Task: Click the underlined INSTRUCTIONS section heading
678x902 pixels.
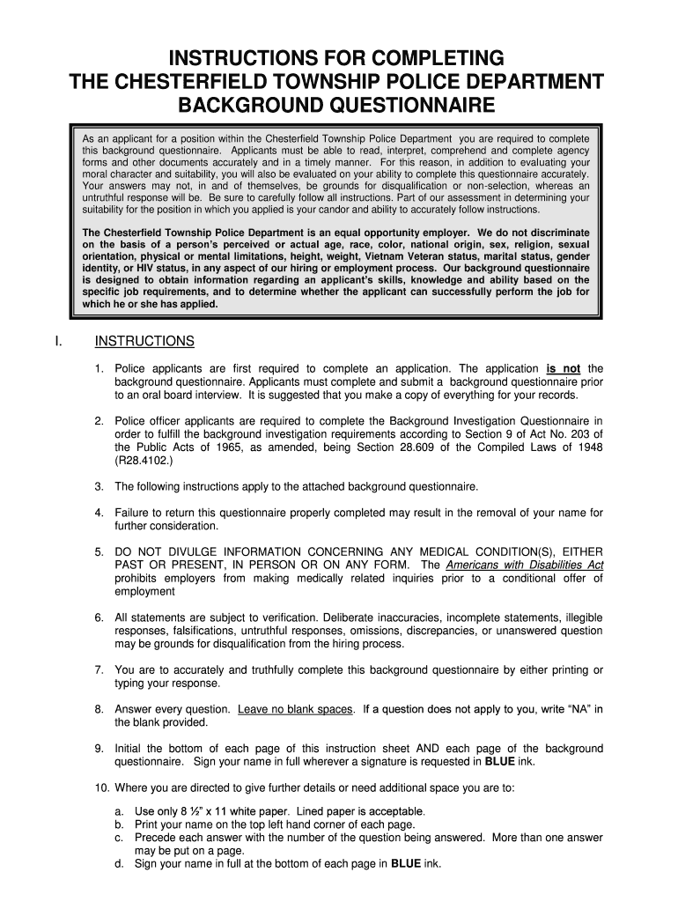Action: pos(144,341)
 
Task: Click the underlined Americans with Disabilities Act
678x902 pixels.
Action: pos(525,564)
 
